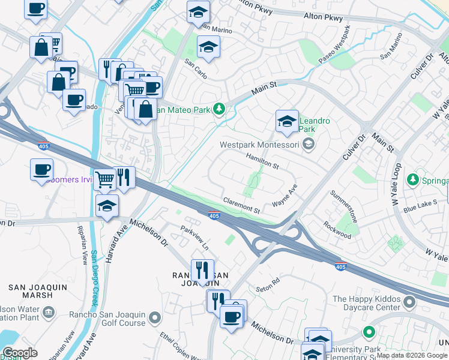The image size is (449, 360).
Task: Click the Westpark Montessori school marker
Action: coord(309,144)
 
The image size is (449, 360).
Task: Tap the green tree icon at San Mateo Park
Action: coord(220,109)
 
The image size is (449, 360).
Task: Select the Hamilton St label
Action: coord(262,160)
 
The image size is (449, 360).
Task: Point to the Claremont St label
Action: coord(241,206)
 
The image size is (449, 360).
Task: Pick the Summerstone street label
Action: coord(344,206)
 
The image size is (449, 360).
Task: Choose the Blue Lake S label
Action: coord(421,206)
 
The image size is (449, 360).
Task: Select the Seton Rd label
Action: coord(268,281)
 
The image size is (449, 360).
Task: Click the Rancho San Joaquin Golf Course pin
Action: coord(155,316)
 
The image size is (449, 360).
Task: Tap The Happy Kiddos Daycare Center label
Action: coord(366,303)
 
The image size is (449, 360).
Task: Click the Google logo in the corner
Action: coord(20,353)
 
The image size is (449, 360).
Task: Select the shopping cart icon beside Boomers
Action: coord(104,179)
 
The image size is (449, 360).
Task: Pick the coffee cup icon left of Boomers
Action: coord(42,170)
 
